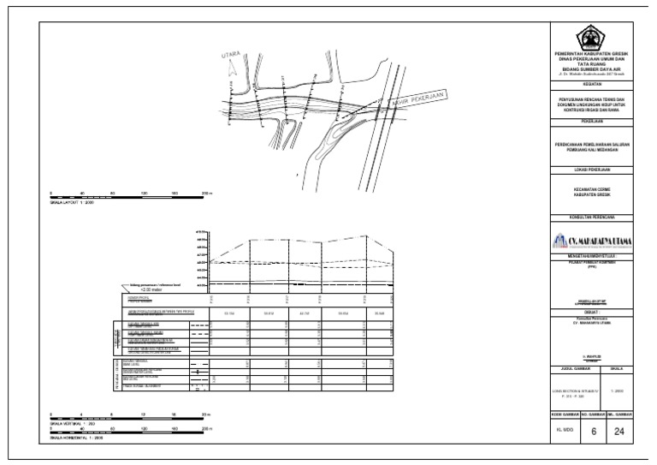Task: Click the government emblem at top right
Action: coord(591,38)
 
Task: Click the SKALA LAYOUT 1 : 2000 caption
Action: coord(72,204)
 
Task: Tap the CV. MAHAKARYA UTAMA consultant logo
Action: coord(591,239)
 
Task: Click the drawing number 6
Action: coord(594,432)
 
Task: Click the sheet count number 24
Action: coord(620,432)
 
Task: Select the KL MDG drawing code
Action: coord(564,432)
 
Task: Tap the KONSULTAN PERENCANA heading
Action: coord(591,218)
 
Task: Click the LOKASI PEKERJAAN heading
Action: coord(591,170)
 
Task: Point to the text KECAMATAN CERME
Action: coord(591,188)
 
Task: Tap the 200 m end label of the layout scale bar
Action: coord(205,194)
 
